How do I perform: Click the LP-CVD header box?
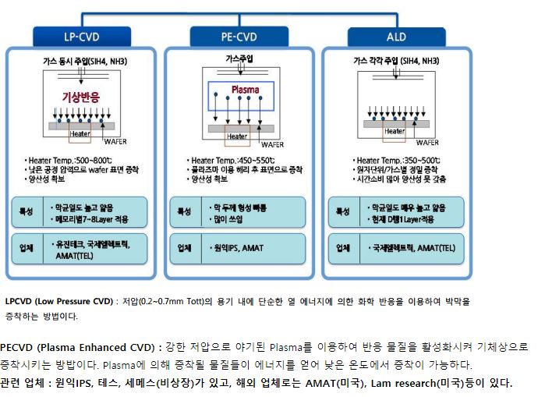tap(81, 36)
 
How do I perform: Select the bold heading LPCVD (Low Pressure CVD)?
tap(59, 300)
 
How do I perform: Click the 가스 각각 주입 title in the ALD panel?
tap(395, 58)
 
